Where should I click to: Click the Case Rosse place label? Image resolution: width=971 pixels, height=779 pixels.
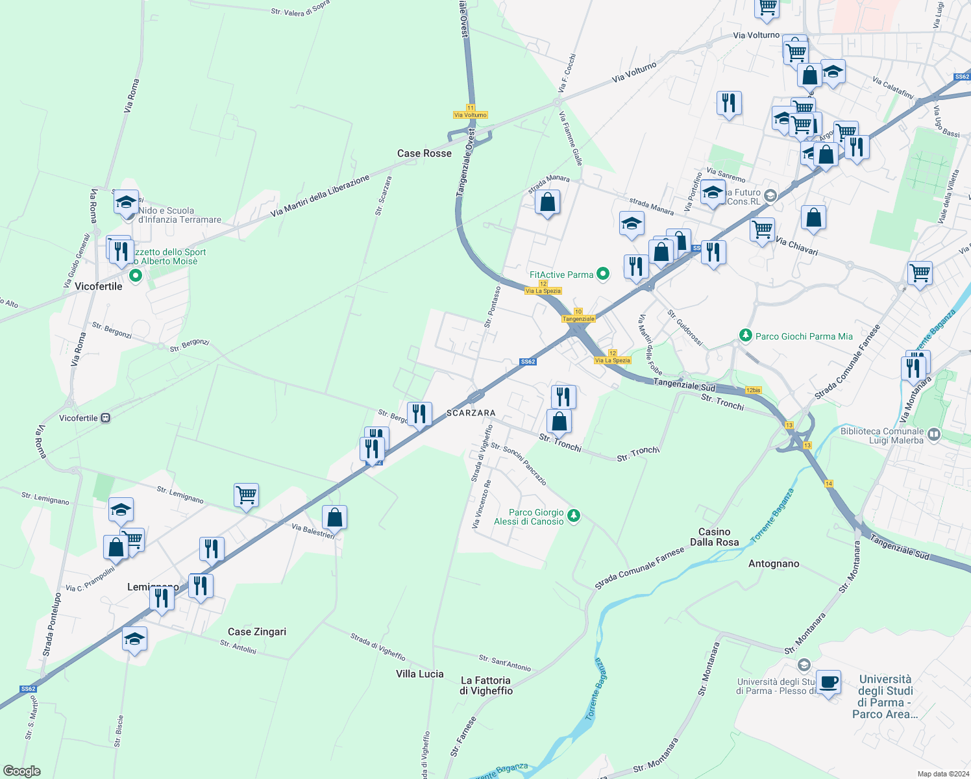click(424, 153)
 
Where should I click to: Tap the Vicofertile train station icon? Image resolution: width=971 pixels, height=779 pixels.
click(105, 418)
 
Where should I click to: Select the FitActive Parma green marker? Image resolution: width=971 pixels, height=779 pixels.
click(603, 275)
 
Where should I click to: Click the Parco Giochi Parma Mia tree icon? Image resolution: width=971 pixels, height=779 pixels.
click(746, 336)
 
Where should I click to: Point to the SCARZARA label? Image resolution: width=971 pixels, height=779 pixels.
click(471, 413)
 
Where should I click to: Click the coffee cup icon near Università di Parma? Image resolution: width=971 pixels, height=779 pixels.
click(828, 683)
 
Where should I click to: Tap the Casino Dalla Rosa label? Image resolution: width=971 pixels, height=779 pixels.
click(714, 537)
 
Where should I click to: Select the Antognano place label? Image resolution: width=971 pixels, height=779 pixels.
click(774, 563)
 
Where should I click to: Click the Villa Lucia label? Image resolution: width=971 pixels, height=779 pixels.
click(419, 674)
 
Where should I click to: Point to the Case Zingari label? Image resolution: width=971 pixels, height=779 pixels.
click(256, 632)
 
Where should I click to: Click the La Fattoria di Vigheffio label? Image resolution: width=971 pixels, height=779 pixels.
click(485, 686)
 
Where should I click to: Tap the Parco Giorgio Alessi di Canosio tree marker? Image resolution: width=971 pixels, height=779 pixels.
click(573, 515)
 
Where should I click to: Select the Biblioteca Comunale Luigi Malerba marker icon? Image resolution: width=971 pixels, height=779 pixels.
click(934, 434)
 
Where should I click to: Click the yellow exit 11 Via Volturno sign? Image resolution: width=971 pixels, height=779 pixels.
click(470, 112)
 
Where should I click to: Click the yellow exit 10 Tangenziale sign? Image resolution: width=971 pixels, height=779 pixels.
click(578, 315)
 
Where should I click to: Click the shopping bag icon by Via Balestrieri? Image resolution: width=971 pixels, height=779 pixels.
click(334, 518)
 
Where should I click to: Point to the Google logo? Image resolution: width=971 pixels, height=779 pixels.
click(21, 771)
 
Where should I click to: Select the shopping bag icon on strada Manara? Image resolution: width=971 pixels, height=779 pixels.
click(547, 203)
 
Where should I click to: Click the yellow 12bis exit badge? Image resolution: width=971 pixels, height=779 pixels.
click(753, 390)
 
